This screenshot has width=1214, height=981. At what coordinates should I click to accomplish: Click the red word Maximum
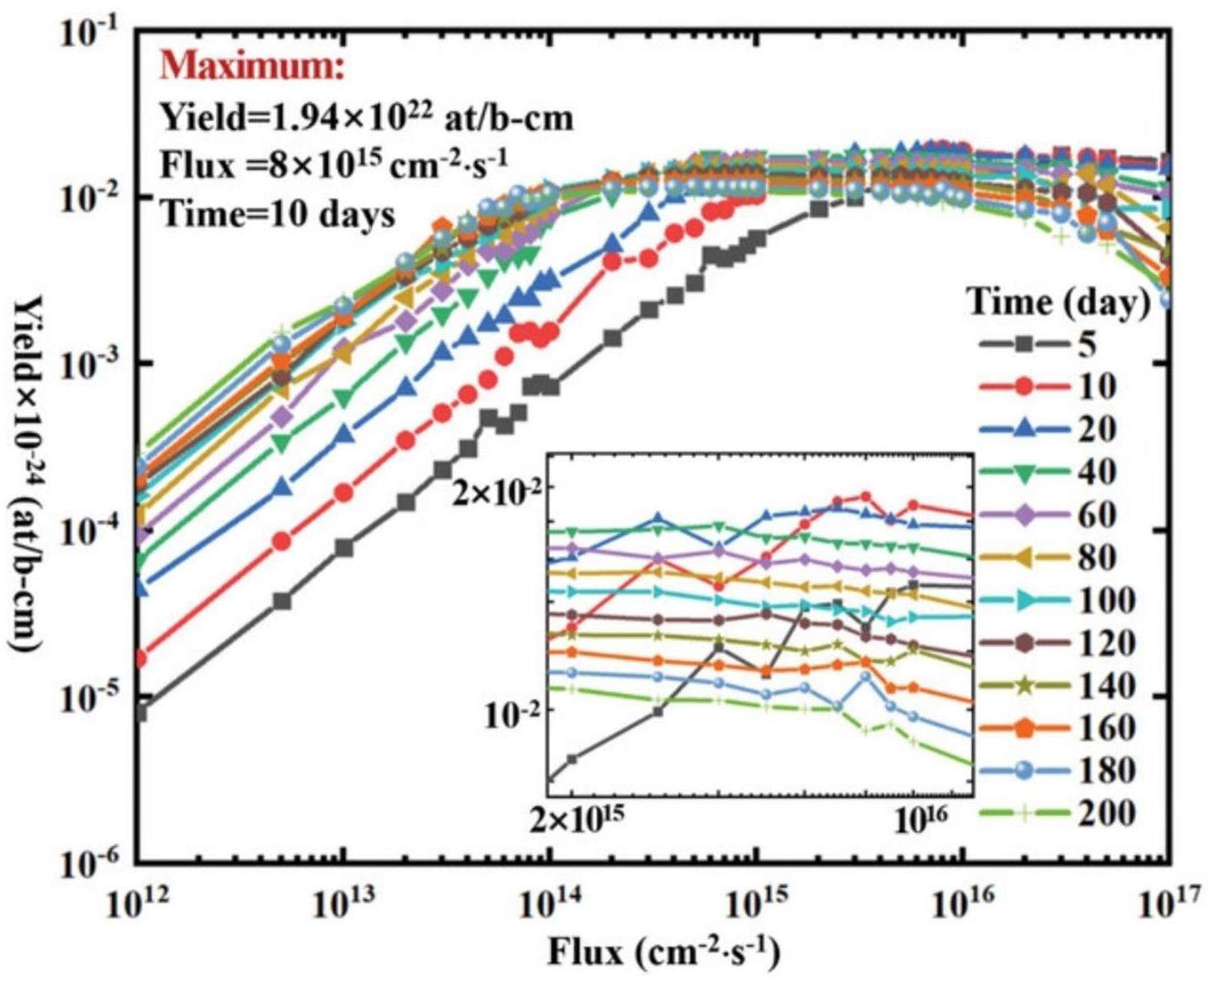tap(251, 67)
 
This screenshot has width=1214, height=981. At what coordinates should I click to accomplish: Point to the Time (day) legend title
tap(1058, 303)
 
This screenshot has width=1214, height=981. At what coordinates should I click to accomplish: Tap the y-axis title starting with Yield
tap(35, 482)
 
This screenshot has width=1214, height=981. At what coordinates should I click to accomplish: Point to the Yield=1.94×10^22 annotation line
tap(367, 118)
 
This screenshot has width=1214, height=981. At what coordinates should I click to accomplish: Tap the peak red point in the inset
tap(866, 497)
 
